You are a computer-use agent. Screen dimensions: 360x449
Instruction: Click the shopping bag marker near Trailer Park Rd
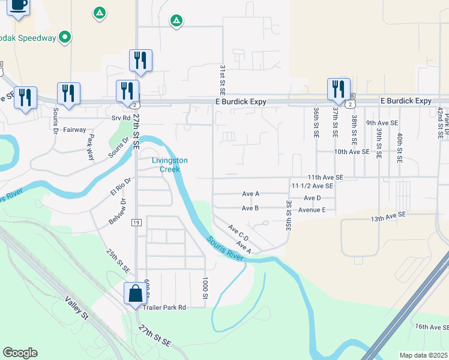[135, 294]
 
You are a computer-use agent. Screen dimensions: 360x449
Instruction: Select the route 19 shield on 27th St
[136, 223]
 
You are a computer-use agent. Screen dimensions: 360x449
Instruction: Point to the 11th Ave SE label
[325, 178]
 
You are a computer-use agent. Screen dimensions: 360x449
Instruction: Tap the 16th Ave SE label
[431, 326]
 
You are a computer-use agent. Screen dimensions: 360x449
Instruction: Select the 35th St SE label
[289, 217]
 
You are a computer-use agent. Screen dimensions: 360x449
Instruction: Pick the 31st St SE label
[221, 81]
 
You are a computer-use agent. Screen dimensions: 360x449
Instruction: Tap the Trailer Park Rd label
[164, 307]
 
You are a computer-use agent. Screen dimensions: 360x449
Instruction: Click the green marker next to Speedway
[65, 37]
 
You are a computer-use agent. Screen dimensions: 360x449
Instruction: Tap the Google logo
[20, 353]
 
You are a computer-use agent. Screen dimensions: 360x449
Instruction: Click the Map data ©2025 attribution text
[423, 355]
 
